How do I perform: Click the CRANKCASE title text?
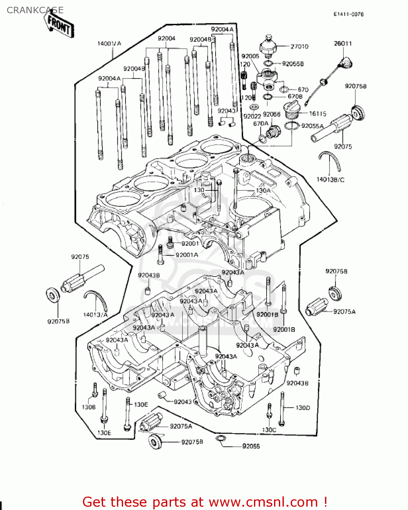(x=35, y=10)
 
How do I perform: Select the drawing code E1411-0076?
(x=348, y=14)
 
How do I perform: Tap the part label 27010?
(x=299, y=47)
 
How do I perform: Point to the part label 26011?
(x=343, y=44)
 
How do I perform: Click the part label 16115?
(x=318, y=114)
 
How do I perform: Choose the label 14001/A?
(x=109, y=44)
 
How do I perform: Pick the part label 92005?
(x=250, y=56)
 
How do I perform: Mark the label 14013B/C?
(x=330, y=180)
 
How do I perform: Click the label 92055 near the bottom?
(x=251, y=446)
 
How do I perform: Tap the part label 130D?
(x=303, y=408)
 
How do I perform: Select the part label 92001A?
(x=187, y=255)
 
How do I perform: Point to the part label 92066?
(x=271, y=115)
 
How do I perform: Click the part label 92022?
(x=252, y=116)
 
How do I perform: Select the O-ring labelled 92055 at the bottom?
(x=220, y=438)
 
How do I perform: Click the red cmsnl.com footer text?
(x=205, y=502)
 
